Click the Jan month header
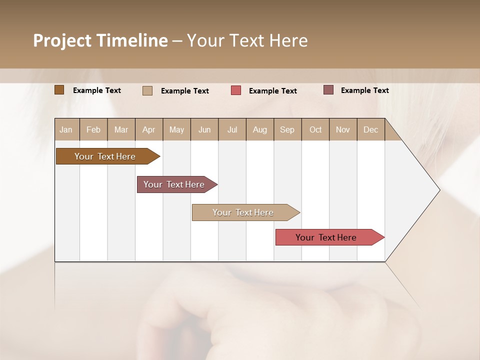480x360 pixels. point(66,129)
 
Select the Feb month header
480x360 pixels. point(93,129)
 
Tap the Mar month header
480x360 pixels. point(121,129)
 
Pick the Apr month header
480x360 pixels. point(149,129)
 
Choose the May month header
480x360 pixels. point(176,129)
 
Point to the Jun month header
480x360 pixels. point(204,129)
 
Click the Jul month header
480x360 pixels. point(232,129)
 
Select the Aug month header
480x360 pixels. point(260,129)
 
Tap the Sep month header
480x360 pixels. point(287,129)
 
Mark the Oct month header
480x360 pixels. point(315,129)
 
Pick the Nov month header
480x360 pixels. point(343,129)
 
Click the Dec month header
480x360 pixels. point(371,129)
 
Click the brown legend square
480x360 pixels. point(59,90)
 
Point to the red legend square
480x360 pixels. point(236,90)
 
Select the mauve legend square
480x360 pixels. point(328,90)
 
